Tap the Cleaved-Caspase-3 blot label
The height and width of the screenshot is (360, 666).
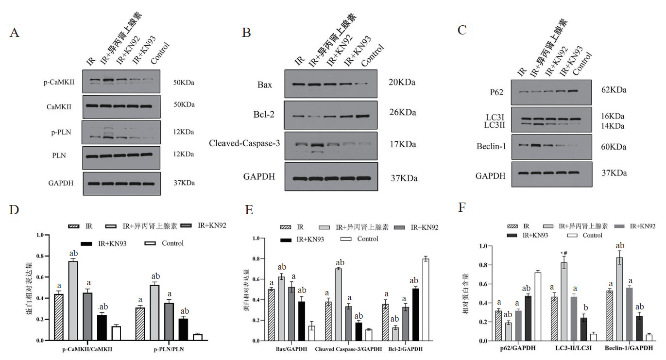click(x=244, y=143)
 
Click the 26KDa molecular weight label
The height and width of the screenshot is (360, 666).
click(x=402, y=113)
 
